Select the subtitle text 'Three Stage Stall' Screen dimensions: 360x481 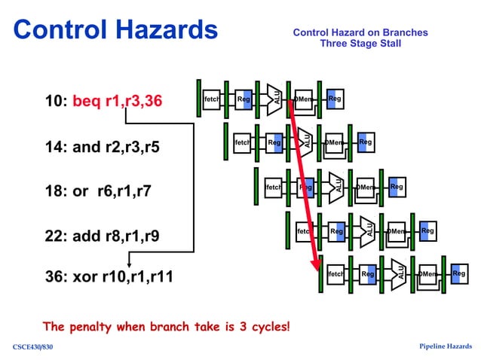pyautogui.click(x=360, y=44)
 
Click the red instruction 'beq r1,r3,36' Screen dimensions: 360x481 pyautogui.click(x=117, y=101)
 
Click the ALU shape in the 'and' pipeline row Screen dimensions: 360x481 pyautogui.click(x=305, y=142)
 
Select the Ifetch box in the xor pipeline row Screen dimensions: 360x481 pyautogui.click(x=335, y=274)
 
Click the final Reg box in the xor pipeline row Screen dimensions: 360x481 pyautogui.click(x=458, y=274)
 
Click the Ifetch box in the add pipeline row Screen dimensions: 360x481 pyautogui.click(x=304, y=231)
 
